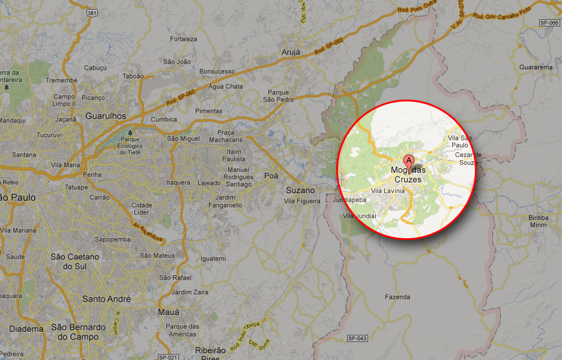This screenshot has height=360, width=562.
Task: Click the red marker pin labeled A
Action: point(408,161)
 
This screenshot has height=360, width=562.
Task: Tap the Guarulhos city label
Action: point(106,116)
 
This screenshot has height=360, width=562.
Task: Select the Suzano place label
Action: point(300,190)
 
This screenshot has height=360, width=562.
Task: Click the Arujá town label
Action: point(290,53)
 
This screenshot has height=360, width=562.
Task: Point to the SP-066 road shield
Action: point(549,22)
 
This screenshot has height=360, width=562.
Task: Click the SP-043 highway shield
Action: point(357,339)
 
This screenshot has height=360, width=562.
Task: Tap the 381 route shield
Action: point(91,13)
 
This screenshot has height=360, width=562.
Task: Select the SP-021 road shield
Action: point(169,357)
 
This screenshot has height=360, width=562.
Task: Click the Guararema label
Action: point(536,67)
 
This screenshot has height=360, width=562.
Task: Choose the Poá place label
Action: point(271,176)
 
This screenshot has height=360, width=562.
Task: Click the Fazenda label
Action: point(397,297)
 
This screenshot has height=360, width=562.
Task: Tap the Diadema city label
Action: point(26,329)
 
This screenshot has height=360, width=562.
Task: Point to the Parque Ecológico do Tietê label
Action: point(130,145)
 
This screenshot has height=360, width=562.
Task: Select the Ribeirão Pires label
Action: point(210,353)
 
